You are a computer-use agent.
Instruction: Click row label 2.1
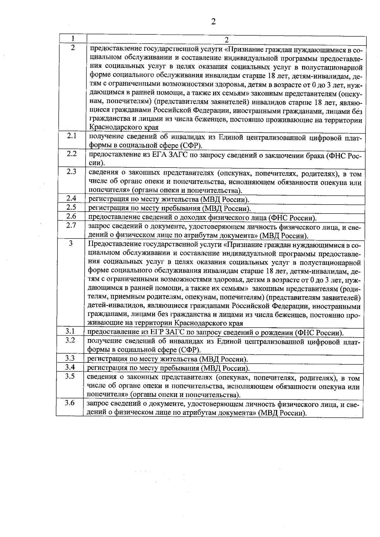click(x=72, y=136)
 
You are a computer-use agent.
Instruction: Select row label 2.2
click(x=72, y=154)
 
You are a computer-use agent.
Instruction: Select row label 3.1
click(x=70, y=331)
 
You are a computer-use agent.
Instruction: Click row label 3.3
click(x=70, y=358)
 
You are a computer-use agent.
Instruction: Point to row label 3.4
click(x=70, y=367)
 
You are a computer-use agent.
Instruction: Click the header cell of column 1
click(x=73, y=39)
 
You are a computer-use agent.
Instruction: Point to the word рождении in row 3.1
click(x=278, y=333)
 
